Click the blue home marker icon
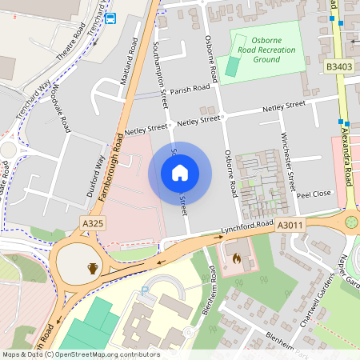pos(180,173)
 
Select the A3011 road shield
pos(290,226)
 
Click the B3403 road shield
pos(338,66)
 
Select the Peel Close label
pos(314,194)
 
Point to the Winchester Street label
pos(290,161)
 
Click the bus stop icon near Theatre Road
pos(110,18)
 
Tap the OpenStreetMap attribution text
pos(81,354)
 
